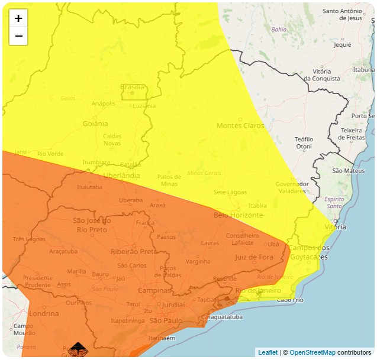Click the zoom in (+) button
tap(18, 18)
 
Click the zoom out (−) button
tap(18, 36)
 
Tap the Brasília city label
tap(132, 87)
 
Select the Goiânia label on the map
tap(95, 124)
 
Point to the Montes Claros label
tap(240, 125)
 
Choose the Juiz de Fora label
tap(254, 257)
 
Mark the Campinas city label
tap(154, 290)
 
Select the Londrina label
tap(44, 313)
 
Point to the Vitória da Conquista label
tap(322, 74)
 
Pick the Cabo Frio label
tap(290, 300)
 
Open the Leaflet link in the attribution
tap(268, 353)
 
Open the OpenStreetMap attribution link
tap(312, 353)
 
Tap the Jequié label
tap(343, 44)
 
